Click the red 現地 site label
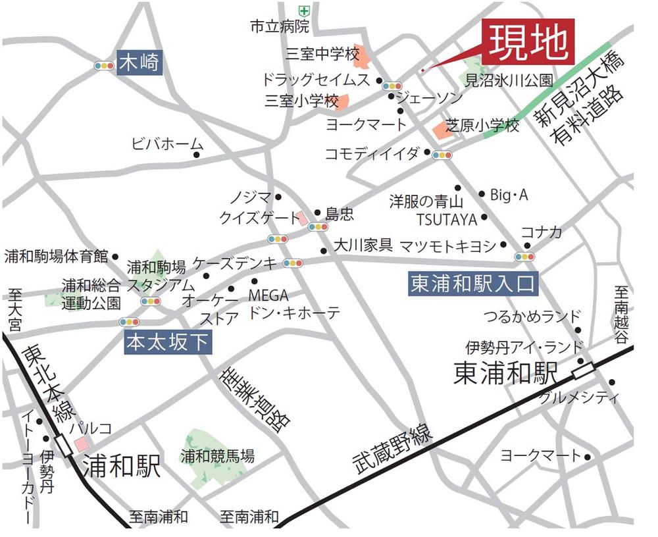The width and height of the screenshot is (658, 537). pyautogui.click(x=530, y=41)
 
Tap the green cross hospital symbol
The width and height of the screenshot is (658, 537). pyautogui.click(x=303, y=10)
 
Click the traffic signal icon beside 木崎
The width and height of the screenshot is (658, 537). pyautogui.click(x=104, y=66)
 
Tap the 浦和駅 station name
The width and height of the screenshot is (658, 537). pyautogui.click(x=122, y=468)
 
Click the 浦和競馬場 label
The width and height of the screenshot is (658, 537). pyautogui.click(x=218, y=455)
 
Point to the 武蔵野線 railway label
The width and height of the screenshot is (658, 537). pyautogui.click(x=392, y=451)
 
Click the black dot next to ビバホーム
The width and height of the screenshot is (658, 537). pyautogui.click(x=197, y=155)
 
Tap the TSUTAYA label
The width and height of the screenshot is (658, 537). pyautogui.click(x=447, y=218)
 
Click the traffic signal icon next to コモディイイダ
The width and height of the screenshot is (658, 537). pyautogui.click(x=441, y=155)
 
